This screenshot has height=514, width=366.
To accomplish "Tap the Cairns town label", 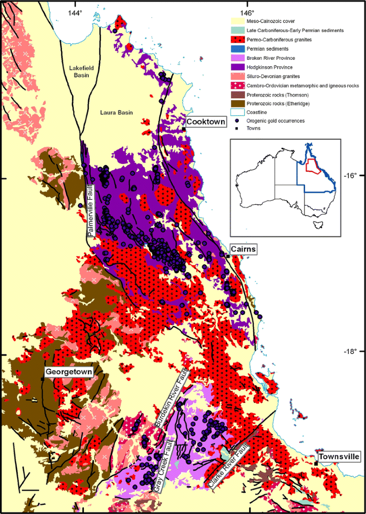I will pos(244,249).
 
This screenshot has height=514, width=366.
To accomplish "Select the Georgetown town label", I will pos(69,371).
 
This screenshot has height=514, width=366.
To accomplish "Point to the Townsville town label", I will pos(339,457).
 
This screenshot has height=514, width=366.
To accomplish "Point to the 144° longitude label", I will pos(75,12).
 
